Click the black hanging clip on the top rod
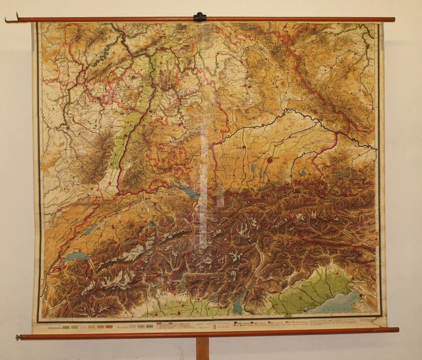200,16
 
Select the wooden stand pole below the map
202,348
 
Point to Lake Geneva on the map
75,256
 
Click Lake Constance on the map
187,190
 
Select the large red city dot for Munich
270,159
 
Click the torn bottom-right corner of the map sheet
377,322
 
